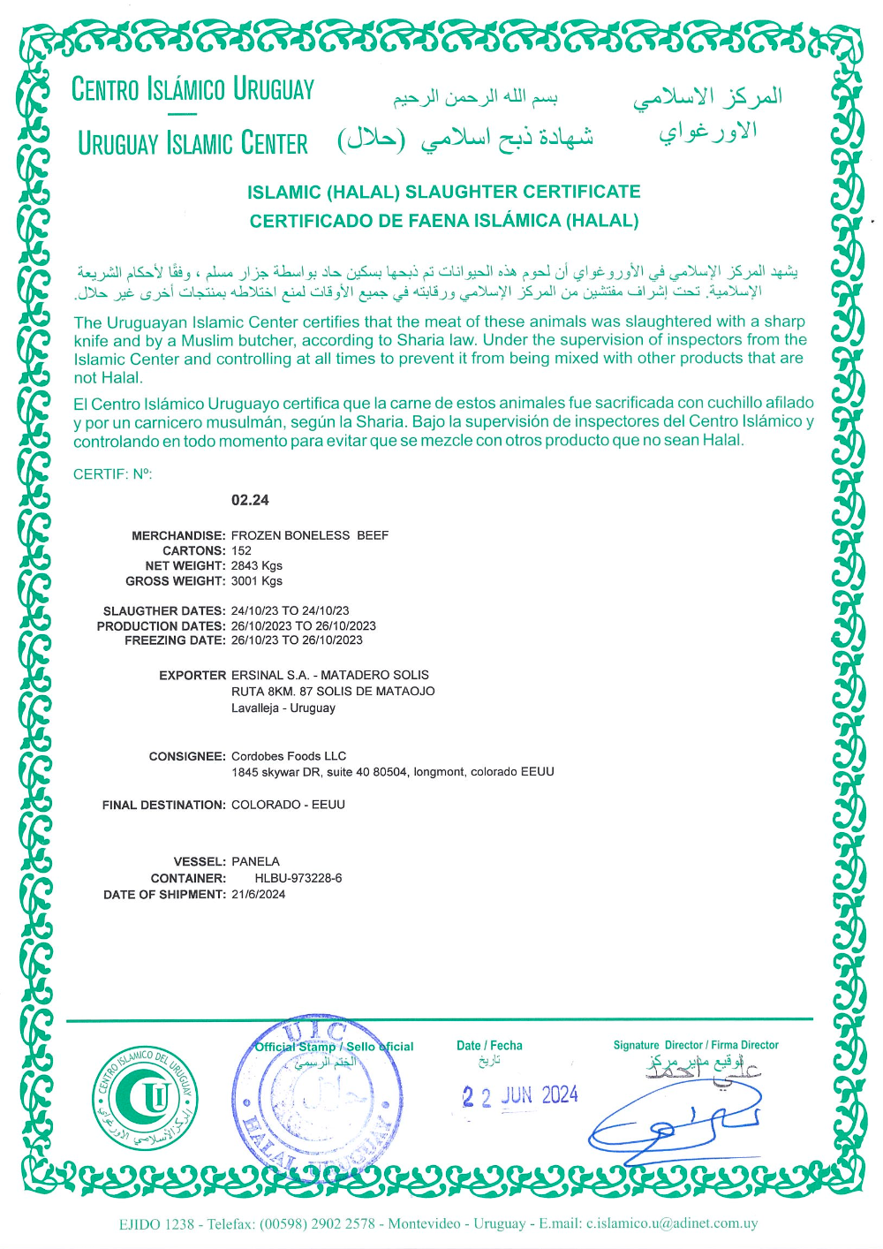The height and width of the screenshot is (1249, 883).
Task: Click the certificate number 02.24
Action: click(250, 500)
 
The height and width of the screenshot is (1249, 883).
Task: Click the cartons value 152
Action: click(241, 550)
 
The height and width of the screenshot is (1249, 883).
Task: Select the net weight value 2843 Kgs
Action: click(257, 565)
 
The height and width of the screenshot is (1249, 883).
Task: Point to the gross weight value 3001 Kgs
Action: click(257, 581)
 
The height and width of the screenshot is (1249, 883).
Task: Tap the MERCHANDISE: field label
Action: click(178, 535)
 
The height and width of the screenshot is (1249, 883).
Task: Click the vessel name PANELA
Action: click(255, 861)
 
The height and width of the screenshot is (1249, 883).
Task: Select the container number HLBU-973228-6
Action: click(298, 878)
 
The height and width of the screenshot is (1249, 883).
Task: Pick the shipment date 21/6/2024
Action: click(258, 894)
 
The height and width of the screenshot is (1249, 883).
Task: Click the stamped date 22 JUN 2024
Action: click(520, 1096)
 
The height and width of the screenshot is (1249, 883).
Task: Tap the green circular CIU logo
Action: click(147, 1098)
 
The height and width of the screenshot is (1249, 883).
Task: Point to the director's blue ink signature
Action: click(675, 1122)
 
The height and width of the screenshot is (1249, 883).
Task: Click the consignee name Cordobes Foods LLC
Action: click(289, 756)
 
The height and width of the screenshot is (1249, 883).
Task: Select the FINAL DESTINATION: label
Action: click(164, 805)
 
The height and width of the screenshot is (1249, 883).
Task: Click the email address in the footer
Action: click(672, 1223)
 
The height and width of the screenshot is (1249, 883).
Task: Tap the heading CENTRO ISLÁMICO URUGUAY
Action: click(192, 89)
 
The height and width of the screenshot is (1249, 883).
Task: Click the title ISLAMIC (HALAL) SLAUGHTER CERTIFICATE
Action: click(444, 192)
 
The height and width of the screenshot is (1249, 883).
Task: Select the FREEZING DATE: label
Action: click(175, 640)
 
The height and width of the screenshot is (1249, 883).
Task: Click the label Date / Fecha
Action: click(489, 1045)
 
